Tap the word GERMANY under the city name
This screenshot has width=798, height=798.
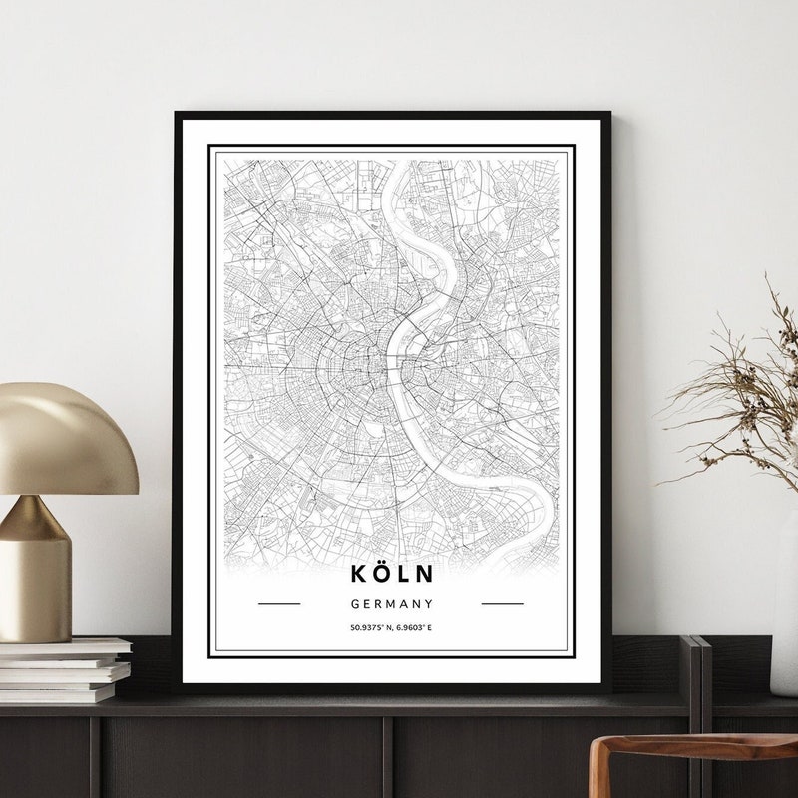pos(391,603)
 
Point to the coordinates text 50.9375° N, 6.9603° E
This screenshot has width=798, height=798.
pos(391,628)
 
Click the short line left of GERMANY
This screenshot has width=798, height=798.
pos(279,603)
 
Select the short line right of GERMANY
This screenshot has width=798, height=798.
pos(502,603)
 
